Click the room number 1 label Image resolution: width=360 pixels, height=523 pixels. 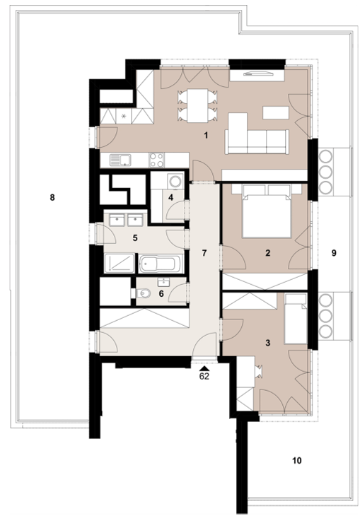pos(206,135)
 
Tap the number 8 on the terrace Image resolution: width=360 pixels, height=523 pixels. pos(52,197)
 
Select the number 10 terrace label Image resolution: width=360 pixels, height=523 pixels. pos(296,461)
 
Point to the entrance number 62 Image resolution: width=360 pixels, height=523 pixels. pos(204,376)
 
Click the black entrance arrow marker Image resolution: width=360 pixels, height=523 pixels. pos(204,368)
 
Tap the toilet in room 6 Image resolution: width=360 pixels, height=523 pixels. pos(144,293)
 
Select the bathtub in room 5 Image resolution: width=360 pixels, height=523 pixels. pos(161,264)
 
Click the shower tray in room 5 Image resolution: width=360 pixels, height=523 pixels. pos(119,263)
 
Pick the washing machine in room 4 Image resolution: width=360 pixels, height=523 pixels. pos(175,181)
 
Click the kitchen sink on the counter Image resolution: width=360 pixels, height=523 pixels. pos(120,160)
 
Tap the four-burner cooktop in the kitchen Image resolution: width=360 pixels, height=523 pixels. pos(156,160)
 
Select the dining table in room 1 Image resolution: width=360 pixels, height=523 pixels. pos(197,105)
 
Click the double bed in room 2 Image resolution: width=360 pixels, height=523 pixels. pos(266,211)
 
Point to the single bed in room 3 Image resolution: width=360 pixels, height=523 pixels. pos(295,319)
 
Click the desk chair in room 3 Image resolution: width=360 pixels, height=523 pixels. pos(259,371)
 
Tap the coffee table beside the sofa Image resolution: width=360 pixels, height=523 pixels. pos(276,112)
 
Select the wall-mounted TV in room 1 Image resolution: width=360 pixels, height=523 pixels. pos(258,74)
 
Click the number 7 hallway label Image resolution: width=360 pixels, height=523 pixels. pos(204,253)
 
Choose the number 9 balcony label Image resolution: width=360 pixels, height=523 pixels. pos(334,253)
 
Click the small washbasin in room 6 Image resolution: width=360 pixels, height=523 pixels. pos(164,282)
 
